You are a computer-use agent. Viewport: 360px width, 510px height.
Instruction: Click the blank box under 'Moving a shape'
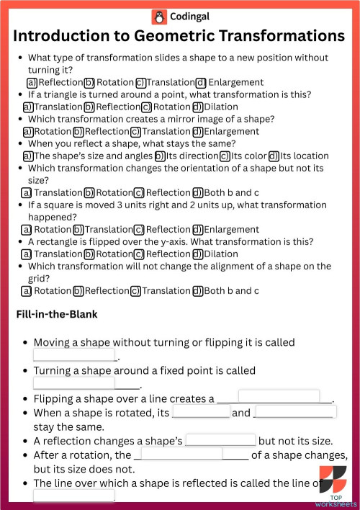75,355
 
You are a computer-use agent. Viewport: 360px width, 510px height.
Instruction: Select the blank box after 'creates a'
279,397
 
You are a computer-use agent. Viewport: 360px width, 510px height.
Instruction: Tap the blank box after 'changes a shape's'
220,439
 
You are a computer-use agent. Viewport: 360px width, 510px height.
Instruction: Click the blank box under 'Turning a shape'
75,383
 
